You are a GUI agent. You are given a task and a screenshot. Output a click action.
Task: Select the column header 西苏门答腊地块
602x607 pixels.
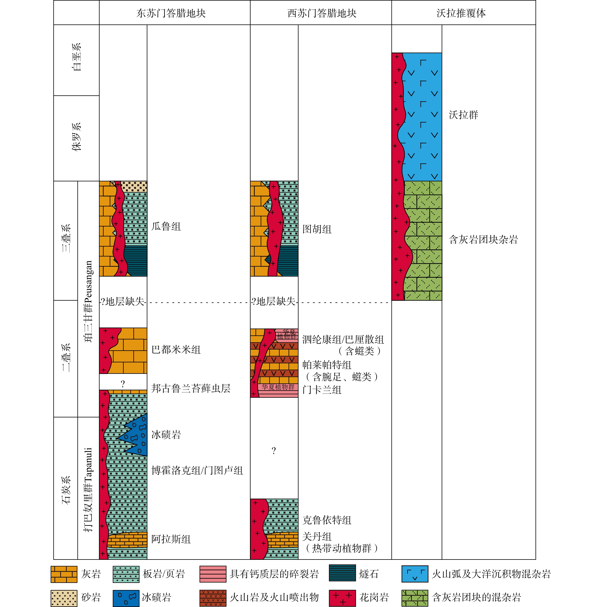point(322,13)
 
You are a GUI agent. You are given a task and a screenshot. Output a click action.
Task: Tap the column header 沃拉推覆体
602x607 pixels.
point(461,13)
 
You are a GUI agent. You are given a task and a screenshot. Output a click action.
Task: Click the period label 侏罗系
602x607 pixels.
point(76,137)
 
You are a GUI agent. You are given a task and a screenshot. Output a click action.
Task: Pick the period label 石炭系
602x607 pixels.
point(66,490)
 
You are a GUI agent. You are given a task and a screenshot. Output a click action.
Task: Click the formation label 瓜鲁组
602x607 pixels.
point(166,226)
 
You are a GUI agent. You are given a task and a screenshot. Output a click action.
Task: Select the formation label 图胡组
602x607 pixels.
point(317,229)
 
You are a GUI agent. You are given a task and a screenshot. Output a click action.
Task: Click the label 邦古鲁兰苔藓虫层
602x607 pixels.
point(191,389)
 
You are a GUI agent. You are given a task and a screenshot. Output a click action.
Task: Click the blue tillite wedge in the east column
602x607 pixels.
point(137,435)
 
